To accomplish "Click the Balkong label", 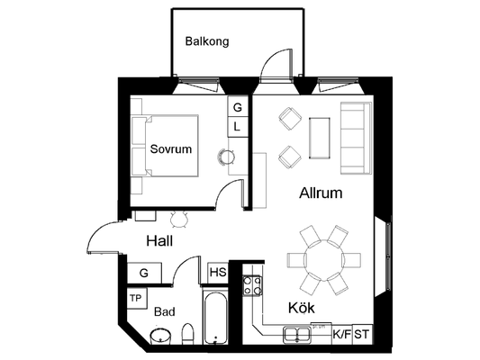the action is (x=207, y=41).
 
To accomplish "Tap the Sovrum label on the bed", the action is (x=171, y=149).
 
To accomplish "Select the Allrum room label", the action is (x=321, y=193).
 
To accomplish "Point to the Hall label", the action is (x=159, y=240).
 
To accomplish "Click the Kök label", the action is (x=302, y=308).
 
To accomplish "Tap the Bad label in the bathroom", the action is (x=165, y=311).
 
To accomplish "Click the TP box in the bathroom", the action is (x=137, y=298).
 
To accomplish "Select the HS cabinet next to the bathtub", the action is (x=218, y=273).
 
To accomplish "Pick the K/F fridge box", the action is (x=342, y=334).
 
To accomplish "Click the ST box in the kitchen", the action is (x=362, y=334).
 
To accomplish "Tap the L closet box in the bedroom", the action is (x=237, y=127).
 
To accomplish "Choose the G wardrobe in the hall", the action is (x=144, y=273).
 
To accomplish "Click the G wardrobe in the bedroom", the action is (x=237, y=106).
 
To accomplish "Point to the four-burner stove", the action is (x=252, y=285).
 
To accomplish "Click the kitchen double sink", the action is (x=297, y=334).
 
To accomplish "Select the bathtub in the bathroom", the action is (x=216, y=317).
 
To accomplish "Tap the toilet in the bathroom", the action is (x=187, y=334).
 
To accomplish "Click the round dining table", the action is (x=324, y=260).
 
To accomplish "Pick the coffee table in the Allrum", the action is (x=320, y=138).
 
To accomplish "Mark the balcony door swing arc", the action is (x=269, y=58).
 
